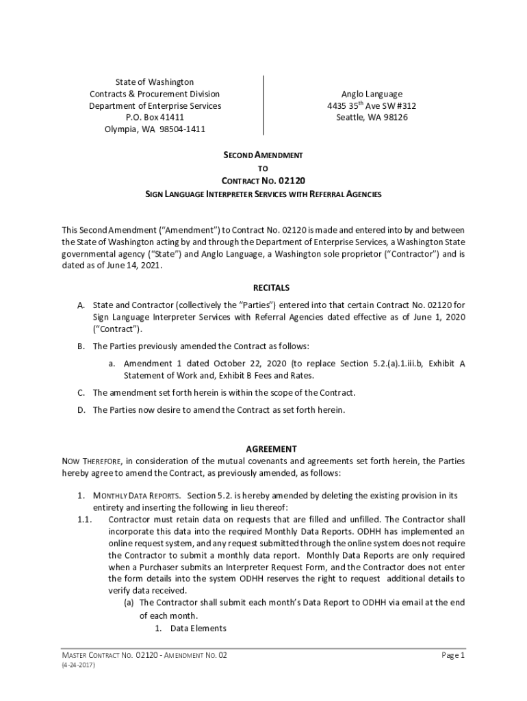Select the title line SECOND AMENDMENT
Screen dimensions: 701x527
pos(263,155)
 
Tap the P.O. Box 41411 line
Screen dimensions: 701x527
pos(155,118)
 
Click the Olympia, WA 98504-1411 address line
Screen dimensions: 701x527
pos(155,129)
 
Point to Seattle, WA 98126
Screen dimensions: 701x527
pos(372,118)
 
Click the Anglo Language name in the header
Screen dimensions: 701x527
pos(372,94)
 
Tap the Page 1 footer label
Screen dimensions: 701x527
pos(453,656)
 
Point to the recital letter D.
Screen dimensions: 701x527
pos(80,410)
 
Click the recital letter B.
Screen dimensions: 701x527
pos(80,346)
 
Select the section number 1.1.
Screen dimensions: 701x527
pos(84,520)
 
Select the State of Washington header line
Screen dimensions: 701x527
pos(155,82)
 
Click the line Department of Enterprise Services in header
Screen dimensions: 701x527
pos(155,106)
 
